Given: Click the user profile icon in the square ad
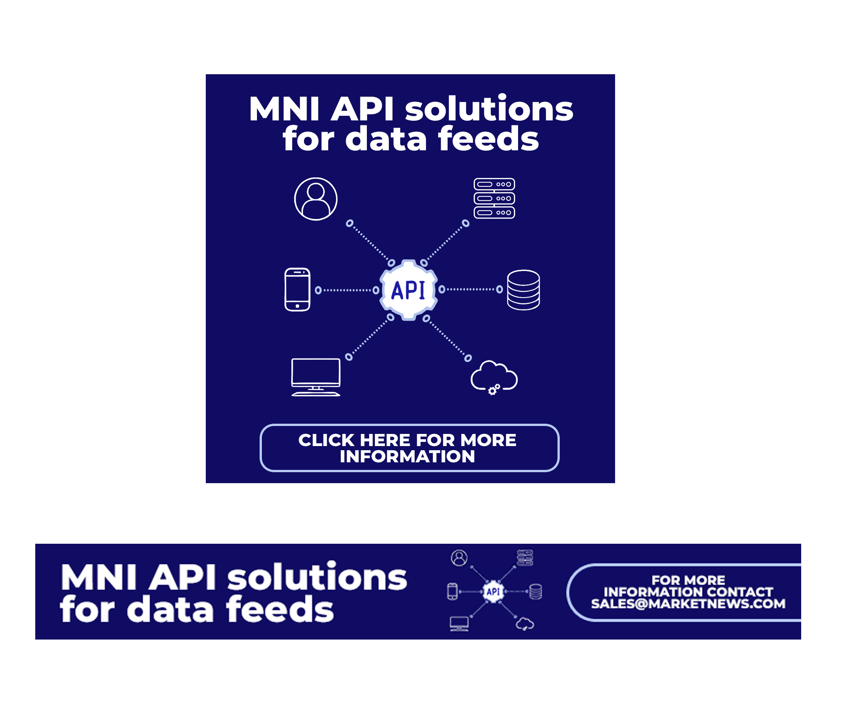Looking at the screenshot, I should point(316,199).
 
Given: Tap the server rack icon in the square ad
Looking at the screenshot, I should point(494,198).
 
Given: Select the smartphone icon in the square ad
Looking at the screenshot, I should point(298,289).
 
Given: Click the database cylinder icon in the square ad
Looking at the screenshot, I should point(523,289).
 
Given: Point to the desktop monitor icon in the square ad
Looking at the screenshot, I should point(316,377).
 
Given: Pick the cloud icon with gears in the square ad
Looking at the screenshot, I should point(493,377).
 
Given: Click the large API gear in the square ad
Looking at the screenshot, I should point(408,290).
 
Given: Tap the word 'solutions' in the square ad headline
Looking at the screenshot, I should point(489,109).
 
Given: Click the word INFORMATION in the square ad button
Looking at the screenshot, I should point(407,456).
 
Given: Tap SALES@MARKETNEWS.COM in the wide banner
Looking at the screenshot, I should point(688,604).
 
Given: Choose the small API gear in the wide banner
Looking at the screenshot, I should point(493,592).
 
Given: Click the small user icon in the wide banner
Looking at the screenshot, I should point(459,558).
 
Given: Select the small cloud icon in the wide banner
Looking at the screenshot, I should point(525,624).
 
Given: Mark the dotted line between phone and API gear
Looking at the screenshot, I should point(347,290).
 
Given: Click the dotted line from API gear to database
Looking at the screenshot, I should point(471,289).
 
